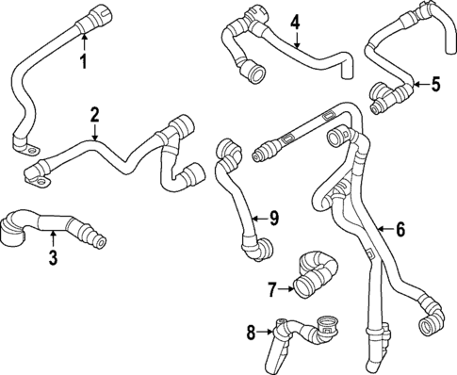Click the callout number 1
[x=83, y=63]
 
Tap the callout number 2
[x=95, y=115]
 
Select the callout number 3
[x=53, y=256]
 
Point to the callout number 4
[x=295, y=21]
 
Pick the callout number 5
[x=435, y=85]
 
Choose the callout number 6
[x=400, y=228]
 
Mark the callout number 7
[x=270, y=287]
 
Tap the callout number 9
[x=274, y=219]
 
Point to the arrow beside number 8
[x=266, y=331]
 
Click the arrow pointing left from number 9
[x=259, y=219]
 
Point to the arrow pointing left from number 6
[x=384, y=228]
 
